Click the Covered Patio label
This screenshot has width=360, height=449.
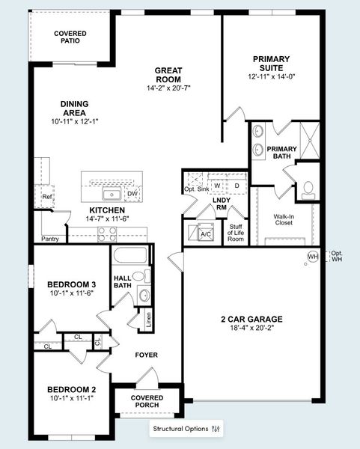tap(70, 38)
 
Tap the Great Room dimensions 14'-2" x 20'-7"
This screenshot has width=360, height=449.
tap(168, 88)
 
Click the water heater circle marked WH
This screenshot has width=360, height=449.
tap(312, 257)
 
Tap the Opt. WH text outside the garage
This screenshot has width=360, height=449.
tap(337, 257)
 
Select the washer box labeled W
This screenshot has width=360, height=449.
tap(218, 186)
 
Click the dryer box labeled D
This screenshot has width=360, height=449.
tap(237, 186)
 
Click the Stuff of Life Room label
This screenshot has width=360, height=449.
tap(236, 233)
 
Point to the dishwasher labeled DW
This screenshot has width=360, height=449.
tap(132, 195)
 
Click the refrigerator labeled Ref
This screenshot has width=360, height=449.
tap(47, 198)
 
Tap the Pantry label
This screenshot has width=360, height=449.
tap(50, 239)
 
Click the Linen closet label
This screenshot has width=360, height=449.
tap(149, 320)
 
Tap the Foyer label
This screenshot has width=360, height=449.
tap(146, 355)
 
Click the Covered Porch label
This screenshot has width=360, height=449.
tap(147, 402)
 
